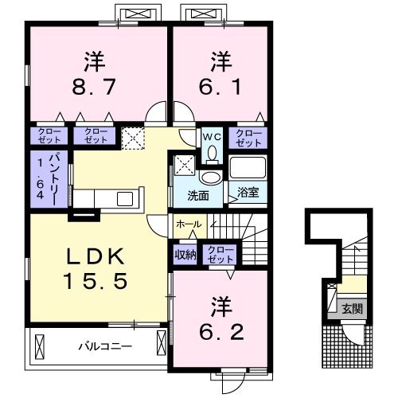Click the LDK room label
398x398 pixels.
[x=96, y=256]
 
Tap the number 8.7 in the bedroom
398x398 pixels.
[x=94, y=87]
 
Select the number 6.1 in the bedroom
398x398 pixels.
[x=220, y=87]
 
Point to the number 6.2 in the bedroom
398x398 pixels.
[x=221, y=332]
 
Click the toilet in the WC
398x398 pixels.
[x=212, y=156]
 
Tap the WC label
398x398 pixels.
[x=212, y=137]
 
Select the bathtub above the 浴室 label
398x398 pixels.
[x=248, y=168]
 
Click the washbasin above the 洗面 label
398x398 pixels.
[x=211, y=178]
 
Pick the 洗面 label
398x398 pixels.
[x=198, y=196]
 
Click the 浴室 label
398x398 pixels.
[x=248, y=192]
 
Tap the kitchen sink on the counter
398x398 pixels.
[x=125, y=199]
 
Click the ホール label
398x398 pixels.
[x=189, y=224]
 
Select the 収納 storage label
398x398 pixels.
[x=185, y=255]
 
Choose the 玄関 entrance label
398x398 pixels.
[x=352, y=309]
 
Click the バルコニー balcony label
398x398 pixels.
[x=105, y=346]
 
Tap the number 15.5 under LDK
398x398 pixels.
[x=96, y=281]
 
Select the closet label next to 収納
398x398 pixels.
[x=220, y=255]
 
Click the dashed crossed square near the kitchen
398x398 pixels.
[x=133, y=139]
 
